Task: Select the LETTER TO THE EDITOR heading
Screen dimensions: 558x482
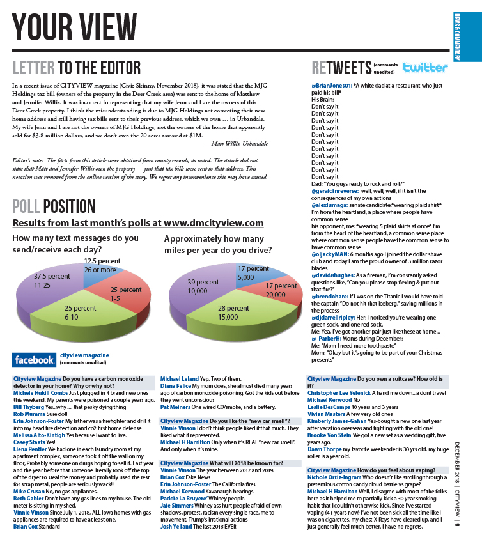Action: point(77,67)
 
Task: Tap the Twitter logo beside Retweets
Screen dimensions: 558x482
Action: point(426,67)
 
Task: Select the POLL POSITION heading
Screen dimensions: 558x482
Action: point(54,206)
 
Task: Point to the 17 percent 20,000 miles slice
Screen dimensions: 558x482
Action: point(274,291)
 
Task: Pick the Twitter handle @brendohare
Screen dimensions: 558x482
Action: point(330,297)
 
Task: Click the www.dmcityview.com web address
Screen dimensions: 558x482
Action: point(214,223)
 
